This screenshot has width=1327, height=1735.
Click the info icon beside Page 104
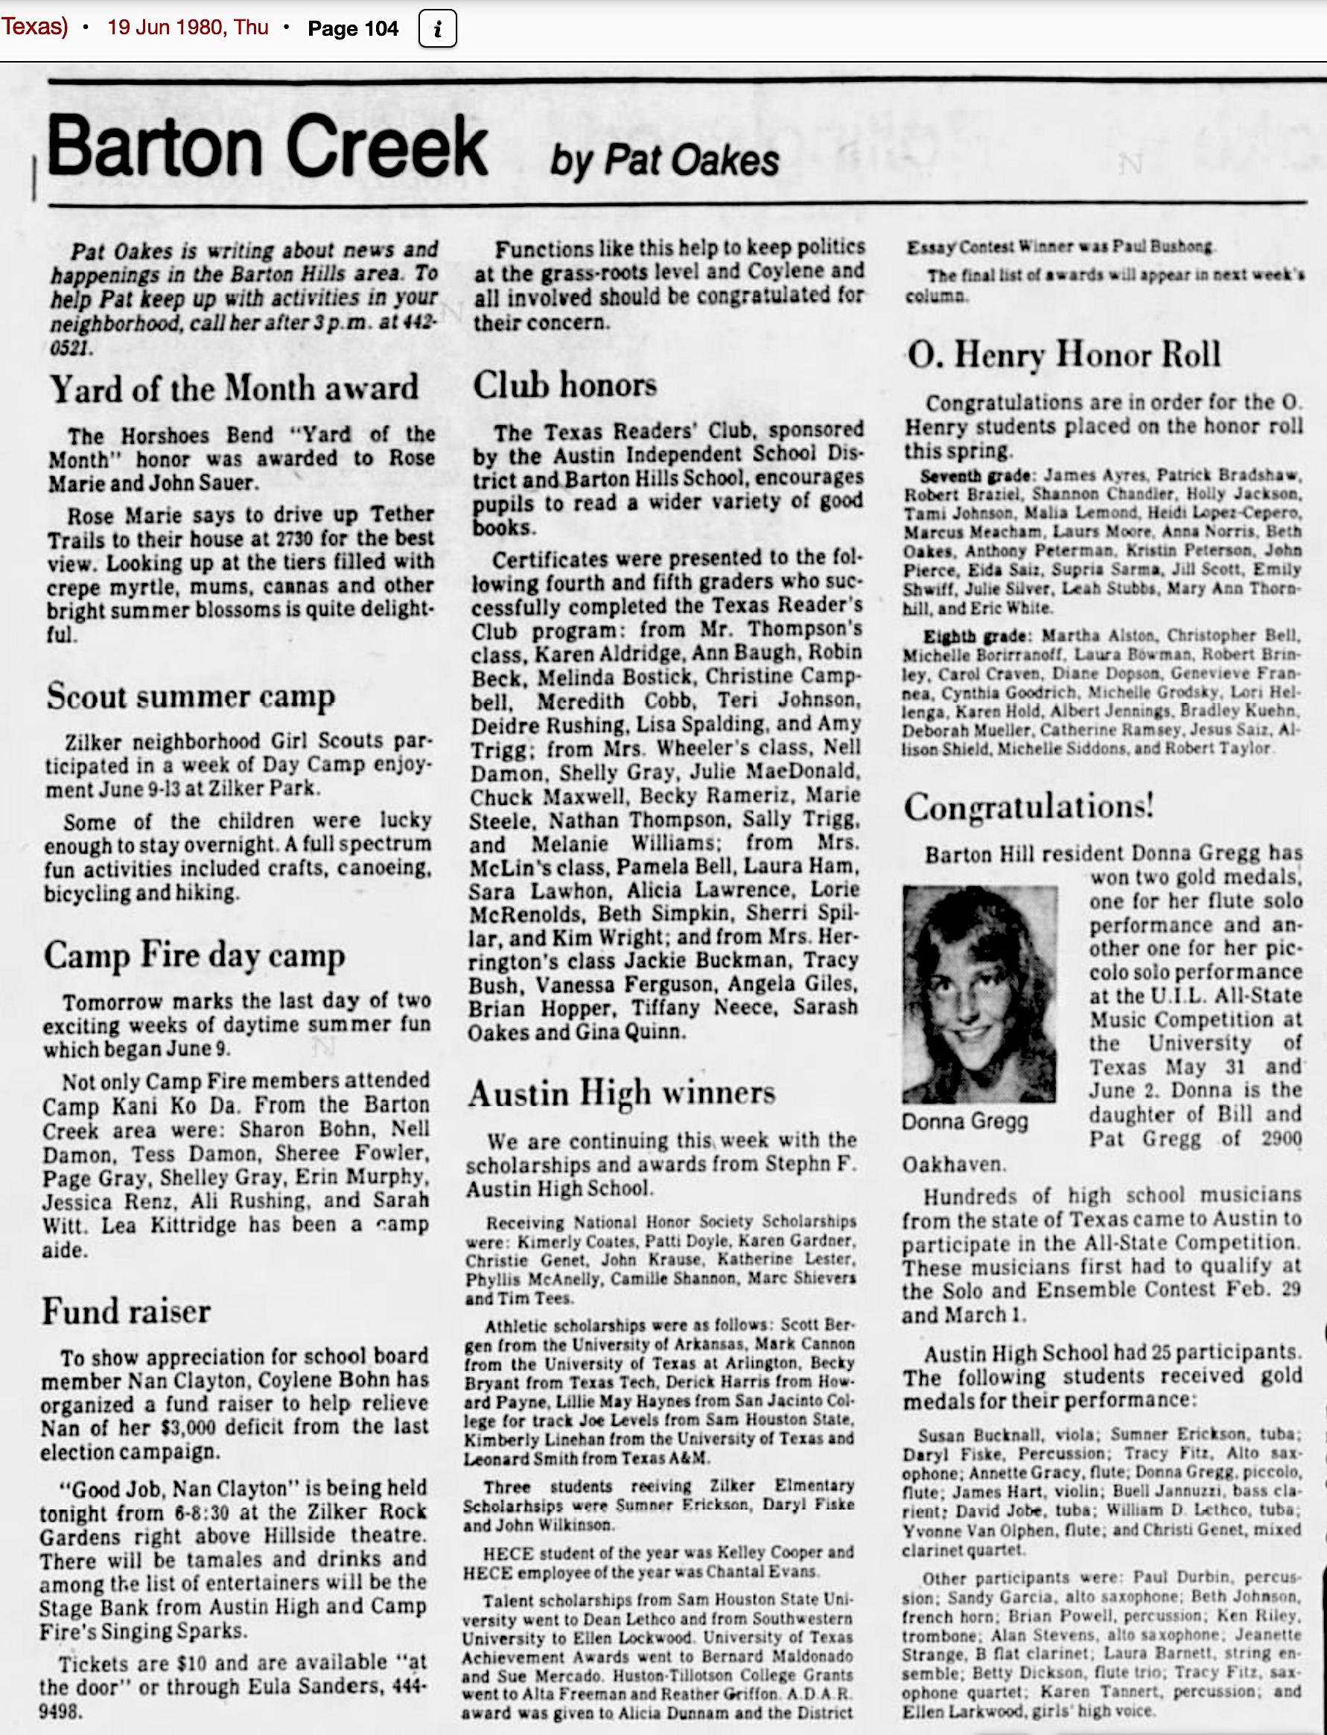click(x=438, y=29)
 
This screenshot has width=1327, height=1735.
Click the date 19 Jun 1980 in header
click(x=187, y=28)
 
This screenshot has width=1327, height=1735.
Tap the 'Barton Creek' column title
click(x=268, y=147)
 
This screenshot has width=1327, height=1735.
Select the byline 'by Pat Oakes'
click(x=664, y=160)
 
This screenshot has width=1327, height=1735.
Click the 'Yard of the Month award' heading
click(x=234, y=389)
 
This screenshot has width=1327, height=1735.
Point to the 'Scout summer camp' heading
click(x=191, y=696)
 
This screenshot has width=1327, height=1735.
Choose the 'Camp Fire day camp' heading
click(x=194, y=955)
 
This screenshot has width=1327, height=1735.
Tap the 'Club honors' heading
click(x=564, y=384)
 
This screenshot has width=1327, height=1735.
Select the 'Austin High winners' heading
click(x=622, y=1094)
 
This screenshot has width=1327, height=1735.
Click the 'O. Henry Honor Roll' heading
click(x=1064, y=354)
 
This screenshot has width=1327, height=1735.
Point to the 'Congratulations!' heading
click(x=1029, y=806)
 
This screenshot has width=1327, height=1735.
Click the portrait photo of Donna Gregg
click(x=979, y=994)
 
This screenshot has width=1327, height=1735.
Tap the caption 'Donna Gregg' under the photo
click(x=965, y=1121)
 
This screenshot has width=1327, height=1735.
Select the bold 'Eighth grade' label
click(x=976, y=637)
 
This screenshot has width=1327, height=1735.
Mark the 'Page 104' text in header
click(x=353, y=29)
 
